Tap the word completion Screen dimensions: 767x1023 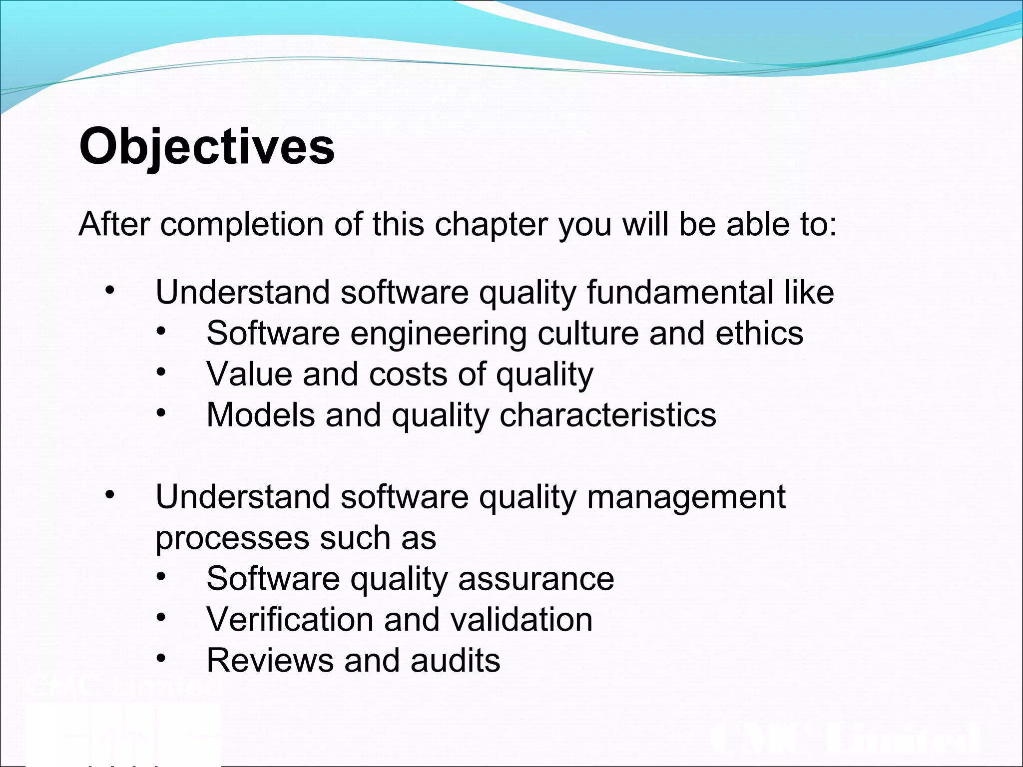point(242,225)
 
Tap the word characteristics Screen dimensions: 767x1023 point(608,415)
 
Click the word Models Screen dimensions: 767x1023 point(261,415)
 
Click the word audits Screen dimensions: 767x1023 point(455,661)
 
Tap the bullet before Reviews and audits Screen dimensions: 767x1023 point(160,658)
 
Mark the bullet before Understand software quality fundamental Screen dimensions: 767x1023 point(110,290)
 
